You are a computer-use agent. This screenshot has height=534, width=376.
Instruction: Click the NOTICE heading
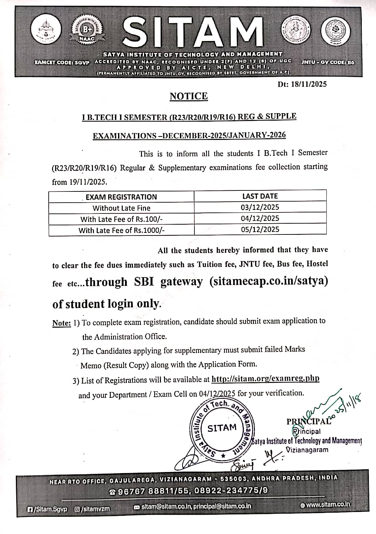pyautogui.click(x=189, y=96)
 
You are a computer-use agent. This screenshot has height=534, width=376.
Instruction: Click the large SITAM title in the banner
pyautogui.click(x=193, y=33)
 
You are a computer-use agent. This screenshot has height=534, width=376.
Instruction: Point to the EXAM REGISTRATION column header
pyautogui.click(x=121, y=197)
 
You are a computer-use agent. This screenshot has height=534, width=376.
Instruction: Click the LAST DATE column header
pyautogui.click(x=260, y=196)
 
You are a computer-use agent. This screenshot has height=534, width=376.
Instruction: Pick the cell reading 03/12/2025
pyautogui.click(x=260, y=207)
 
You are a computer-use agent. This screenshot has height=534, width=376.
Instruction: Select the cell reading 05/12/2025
pyautogui.click(x=260, y=229)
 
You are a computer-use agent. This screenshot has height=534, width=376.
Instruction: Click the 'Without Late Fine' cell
pyautogui.click(x=121, y=208)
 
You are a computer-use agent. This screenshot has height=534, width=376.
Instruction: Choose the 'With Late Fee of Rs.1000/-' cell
pyautogui.click(x=121, y=230)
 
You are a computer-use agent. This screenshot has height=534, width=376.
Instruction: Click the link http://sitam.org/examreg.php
pyautogui.click(x=265, y=378)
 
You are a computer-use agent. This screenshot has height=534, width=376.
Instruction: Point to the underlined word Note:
pyautogui.click(x=61, y=323)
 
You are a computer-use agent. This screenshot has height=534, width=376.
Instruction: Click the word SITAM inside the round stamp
pyautogui.click(x=222, y=428)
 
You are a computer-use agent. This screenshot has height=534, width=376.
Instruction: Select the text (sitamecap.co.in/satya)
pyautogui.click(x=268, y=281)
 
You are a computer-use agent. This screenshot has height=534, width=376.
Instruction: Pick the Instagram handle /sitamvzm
pyautogui.click(x=92, y=509)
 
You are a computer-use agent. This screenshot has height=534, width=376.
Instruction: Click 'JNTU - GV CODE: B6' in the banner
pyautogui.click(x=328, y=62)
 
